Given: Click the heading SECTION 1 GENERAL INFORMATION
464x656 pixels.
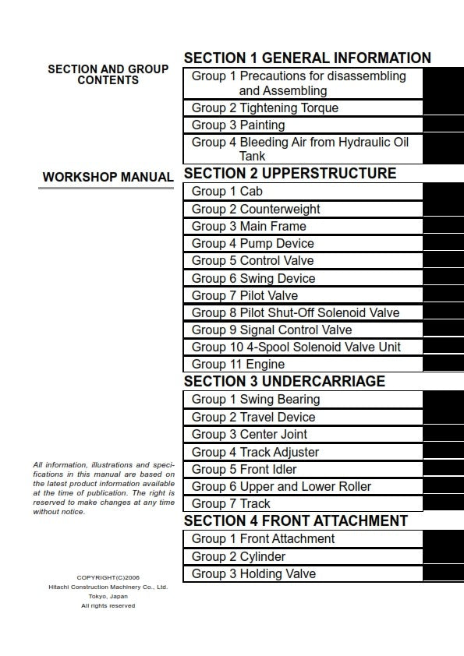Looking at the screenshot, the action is pyautogui.click(x=306, y=58).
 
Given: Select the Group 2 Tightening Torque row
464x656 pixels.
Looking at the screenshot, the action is pyautogui.click(x=265, y=108).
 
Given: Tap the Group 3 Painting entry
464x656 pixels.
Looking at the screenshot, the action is pyautogui.click(x=239, y=125).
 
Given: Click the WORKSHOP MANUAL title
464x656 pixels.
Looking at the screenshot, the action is pyautogui.click(x=108, y=178).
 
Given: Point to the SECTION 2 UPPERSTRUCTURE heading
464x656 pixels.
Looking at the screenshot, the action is pyautogui.click(x=289, y=174).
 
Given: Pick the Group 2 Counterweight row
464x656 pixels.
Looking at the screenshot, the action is pyautogui.click(x=256, y=210).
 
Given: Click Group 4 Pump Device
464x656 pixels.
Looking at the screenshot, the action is pyautogui.click(x=253, y=244).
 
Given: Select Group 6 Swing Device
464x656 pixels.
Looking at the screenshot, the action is pyautogui.click(x=253, y=279).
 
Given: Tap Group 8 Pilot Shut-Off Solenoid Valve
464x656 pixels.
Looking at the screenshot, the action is pyautogui.click(x=296, y=313).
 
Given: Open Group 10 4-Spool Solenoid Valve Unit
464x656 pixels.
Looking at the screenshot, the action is pyautogui.click(x=296, y=347).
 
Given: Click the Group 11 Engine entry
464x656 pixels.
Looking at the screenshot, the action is pyautogui.click(x=238, y=365).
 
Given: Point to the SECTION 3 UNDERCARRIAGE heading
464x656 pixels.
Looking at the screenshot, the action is pyautogui.click(x=284, y=382).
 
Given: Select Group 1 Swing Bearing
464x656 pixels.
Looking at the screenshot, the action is pyautogui.click(x=256, y=400).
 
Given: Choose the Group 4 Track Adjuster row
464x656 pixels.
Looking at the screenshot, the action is pyautogui.click(x=255, y=453).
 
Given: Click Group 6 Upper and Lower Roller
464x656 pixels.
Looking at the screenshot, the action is pyautogui.click(x=282, y=487).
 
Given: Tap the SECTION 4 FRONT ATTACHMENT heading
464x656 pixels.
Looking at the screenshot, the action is pyautogui.click(x=296, y=520).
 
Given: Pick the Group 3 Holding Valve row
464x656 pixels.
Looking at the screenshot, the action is pyautogui.click(x=253, y=574).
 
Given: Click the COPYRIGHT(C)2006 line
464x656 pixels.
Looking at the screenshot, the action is pyautogui.click(x=108, y=577).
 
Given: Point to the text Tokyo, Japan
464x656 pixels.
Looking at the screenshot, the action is pyautogui.click(x=108, y=596).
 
